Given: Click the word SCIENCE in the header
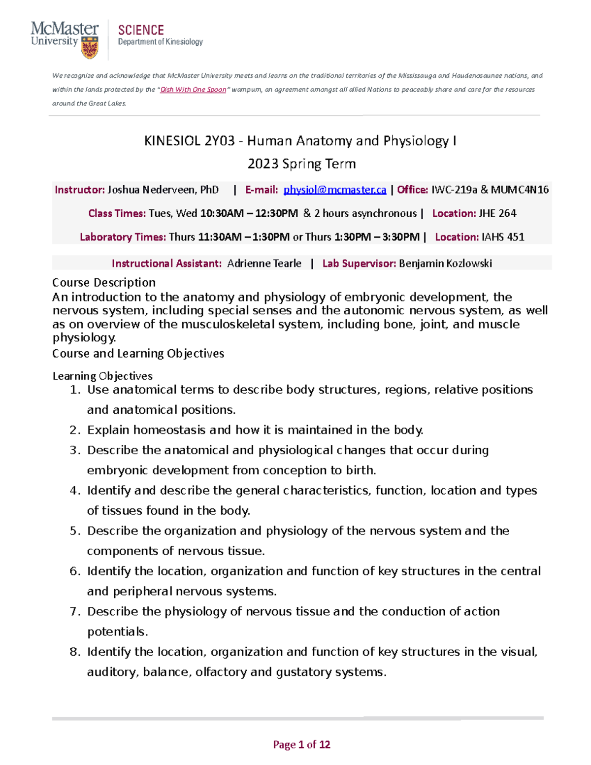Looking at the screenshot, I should (141, 31).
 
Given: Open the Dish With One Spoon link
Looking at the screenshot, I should (193, 90).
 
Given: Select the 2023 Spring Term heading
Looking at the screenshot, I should (301, 164).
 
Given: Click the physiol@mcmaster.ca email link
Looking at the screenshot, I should (335, 190).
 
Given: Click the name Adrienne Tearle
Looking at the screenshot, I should (264, 264).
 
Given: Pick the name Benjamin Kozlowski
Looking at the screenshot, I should (445, 264).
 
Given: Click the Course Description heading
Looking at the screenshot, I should (104, 283).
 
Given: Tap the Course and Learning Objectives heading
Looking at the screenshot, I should (138, 354).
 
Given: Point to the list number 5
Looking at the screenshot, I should (74, 531).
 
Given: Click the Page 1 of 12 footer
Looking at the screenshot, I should (301, 745).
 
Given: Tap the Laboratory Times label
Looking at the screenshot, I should (123, 237).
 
